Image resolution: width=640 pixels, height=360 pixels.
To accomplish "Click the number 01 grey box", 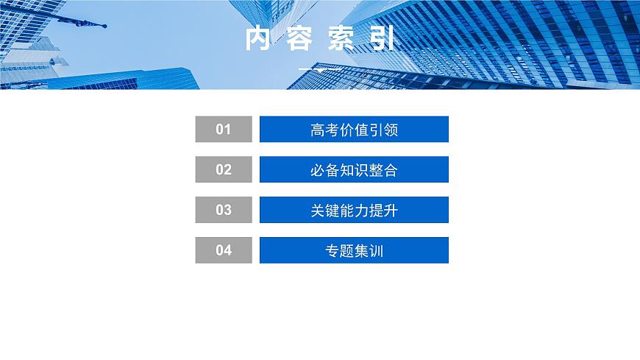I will (224, 130).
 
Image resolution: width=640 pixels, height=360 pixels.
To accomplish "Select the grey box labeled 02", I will (224, 169).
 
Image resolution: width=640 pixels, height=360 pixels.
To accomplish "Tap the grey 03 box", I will (224, 210).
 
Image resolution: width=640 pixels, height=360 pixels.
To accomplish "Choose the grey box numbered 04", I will (224, 250).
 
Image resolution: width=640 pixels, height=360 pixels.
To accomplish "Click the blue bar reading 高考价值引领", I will (354, 130).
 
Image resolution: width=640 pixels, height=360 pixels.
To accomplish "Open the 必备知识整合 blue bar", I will (354, 169).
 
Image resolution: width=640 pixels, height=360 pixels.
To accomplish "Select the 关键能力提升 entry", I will (354, 210).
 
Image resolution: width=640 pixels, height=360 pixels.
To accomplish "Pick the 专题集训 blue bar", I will (354, 250).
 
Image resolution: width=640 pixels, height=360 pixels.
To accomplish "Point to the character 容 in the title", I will (299, 40).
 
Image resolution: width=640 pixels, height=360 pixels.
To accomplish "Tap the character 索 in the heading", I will (341, 40).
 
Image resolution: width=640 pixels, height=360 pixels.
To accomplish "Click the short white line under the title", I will (320, 69).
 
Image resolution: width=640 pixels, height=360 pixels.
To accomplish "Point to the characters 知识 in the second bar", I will (354, 170).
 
